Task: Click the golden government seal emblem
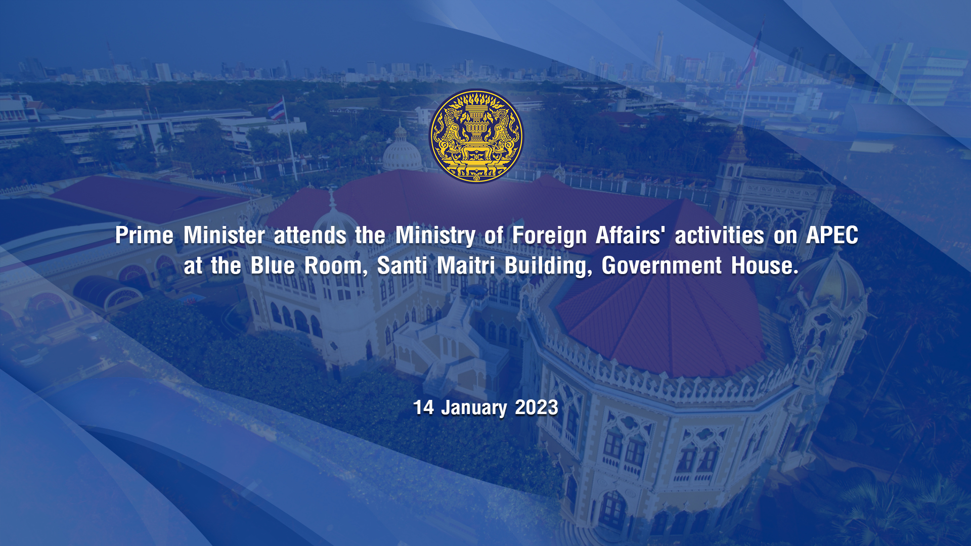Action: click(x=476, y=136)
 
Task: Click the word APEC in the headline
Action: click(x=832, y=235)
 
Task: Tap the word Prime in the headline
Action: click(x=144, y=235)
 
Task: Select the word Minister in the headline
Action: click(x=224, y=235)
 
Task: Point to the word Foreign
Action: click(x=549, y=236)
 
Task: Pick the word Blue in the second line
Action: click(x=273, y=266)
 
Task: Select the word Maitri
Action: click(x=466, y=266)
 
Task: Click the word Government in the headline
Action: click(x=661, y=266)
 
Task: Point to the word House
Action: click(x=765, y=266)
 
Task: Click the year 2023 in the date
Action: click(x=537, y=407)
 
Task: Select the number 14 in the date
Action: click(x=423, y=407)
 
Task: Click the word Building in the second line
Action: click(x=548, y=267)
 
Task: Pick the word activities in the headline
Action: click(x=720, y=235)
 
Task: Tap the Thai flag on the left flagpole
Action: click(x=276, y=110)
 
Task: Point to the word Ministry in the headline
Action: click(x=435, y=236)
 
